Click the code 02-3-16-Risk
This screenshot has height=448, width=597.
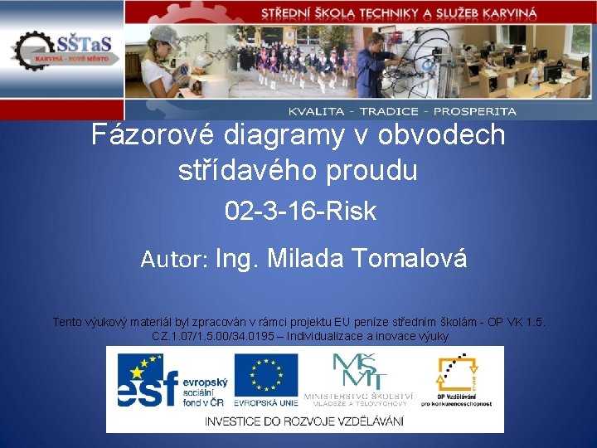(300, 212)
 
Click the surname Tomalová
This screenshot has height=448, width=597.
(410, 259)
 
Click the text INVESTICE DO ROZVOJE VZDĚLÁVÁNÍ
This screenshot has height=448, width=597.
(304, 421)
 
